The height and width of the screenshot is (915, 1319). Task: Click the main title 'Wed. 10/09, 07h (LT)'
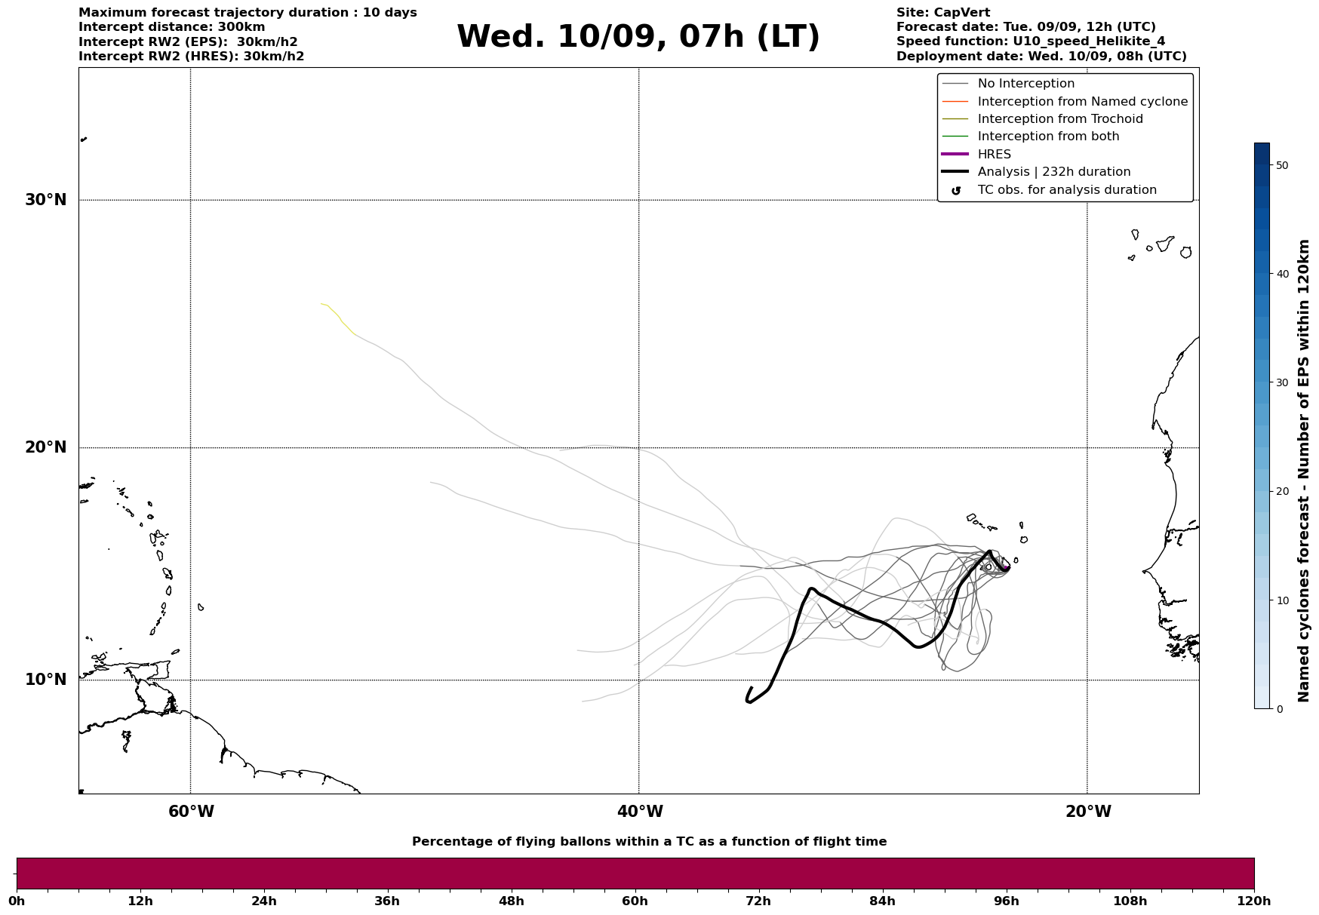(x=638, y=37)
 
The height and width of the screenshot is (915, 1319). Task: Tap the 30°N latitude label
(x=46, y=200)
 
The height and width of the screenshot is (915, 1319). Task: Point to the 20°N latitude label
(x=46, y=447)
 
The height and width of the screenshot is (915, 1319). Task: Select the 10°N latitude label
(x=46, y=680)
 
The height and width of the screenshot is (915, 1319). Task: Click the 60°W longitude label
(x=191, y=812)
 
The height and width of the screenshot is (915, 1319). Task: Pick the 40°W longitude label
(x=640, y=812)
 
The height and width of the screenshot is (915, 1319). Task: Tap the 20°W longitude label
(x=1088, y=812)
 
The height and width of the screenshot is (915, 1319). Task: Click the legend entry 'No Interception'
(x=1025, y=84)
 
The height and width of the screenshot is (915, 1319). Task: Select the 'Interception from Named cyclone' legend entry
(x=1082, y=102)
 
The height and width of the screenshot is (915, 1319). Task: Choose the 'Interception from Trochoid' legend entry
(x=1059, y=119)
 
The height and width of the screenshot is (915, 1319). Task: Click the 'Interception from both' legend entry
(x=1048, y=137)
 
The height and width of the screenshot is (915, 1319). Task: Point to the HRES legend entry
(x=994, y=155)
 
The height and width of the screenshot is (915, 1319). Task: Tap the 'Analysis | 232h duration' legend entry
(x=1053, y=172)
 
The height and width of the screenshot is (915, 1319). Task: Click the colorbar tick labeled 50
(x=1281, y=165)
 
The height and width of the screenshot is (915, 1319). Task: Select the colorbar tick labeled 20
(x=1281, y=491)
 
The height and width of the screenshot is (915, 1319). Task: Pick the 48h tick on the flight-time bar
(x=511, y=901)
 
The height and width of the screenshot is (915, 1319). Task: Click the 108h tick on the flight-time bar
(x=1130, y=901)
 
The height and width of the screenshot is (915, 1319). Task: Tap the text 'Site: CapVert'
(x=942, y=13)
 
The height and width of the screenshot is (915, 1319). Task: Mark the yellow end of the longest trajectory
(x=323, y=304)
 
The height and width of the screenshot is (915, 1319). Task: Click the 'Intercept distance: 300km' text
(x=171, y=27)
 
